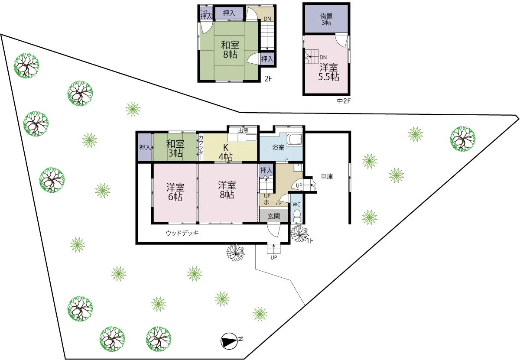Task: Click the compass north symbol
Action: point(229,341)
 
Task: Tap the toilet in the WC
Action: point(297,216)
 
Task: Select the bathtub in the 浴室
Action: point(295,140)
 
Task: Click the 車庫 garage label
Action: point(327,176)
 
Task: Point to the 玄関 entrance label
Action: point(274,216)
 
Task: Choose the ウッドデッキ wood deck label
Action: point(182,233)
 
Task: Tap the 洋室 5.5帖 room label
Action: point(328,72)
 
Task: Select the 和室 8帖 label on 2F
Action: point(230,50)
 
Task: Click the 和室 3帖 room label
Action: point(175,149)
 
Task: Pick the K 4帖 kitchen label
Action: point(225,152)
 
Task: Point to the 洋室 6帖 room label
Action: point(175,192)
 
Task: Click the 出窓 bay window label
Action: point(243,130)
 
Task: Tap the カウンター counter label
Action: point(201,147)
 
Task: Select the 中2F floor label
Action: point(344,101)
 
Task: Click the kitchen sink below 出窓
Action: point(251,138)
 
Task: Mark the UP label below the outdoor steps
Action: point(274,257)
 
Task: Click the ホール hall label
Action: point(273,202)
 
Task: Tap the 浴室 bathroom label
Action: point(278,147)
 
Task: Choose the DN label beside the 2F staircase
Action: point(267,19)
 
